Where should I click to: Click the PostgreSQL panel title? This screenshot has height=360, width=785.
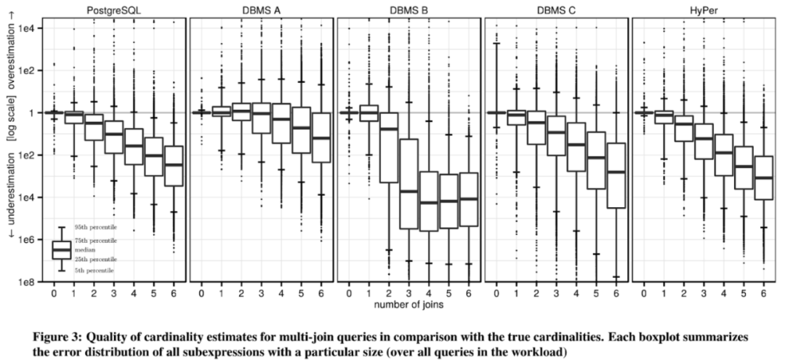tap(113, 9)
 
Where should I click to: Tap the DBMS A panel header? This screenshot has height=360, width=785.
tap(261, 9)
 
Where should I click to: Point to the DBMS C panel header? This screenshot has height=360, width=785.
tap(557, 9)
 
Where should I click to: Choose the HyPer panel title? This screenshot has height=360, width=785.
tap(704, 9)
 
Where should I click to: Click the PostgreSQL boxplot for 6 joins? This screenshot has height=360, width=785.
tap(173, 166)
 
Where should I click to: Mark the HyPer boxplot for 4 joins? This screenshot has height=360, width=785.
tap(724, 155)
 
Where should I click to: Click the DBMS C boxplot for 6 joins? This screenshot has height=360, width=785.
tap(616, 175)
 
